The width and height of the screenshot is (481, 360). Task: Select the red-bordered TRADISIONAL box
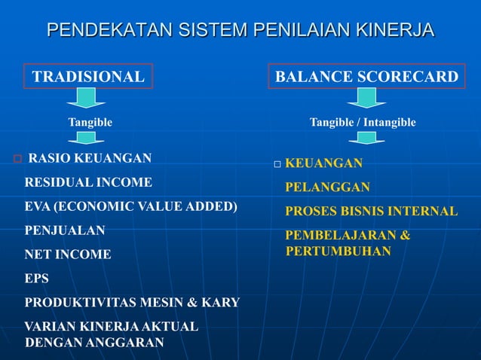pyautogui.click(x=88, y=77)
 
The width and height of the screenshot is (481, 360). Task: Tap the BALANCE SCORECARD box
pyautogui.click(x=366, y=77)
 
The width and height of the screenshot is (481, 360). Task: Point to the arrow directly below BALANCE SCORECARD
pyautogui.click(x=366, y=98)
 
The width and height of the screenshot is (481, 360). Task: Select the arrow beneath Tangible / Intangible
pyautogui.click(x=366, y=137)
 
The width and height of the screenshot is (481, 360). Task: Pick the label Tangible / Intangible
pyautogui.click(x=363, y=122)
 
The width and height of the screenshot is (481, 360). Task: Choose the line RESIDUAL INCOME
pyautogui.click(x=88, y=182)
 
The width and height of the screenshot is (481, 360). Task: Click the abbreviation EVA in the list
pyautogui.click(x=38, y=206)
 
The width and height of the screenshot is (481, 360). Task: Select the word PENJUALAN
pyautogui.click(x=65, y=230)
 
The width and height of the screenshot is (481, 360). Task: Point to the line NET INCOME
pyautogui.click(x=68, y=255)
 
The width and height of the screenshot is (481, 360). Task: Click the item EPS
pyautogui.click(x=37, y=279)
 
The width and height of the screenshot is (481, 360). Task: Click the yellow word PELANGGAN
pyautogui.click(x=327, y=188)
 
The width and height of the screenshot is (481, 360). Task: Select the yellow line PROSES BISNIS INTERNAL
pyautogui.click(x=371, y=212)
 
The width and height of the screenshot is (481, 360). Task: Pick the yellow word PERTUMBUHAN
pyautogui.click(x=338, y=251)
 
